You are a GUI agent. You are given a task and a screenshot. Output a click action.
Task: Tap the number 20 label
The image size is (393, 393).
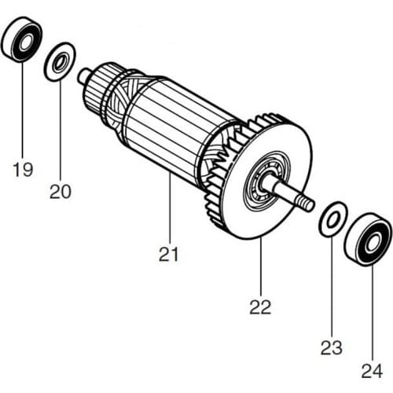(61, 191)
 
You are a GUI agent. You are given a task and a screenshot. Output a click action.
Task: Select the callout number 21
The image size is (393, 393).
(169, 254)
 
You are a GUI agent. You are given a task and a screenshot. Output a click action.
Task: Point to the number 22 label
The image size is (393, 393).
(260, 307)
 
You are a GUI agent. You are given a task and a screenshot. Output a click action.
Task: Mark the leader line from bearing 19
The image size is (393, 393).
(22, 110)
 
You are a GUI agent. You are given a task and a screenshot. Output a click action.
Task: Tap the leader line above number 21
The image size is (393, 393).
(169, 212)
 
